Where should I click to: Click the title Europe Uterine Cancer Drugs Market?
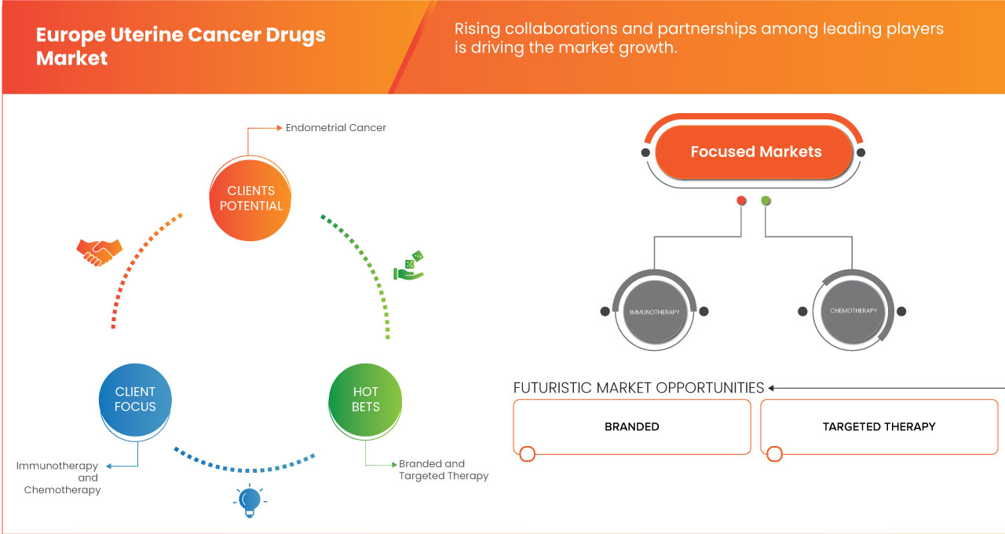point(181,46)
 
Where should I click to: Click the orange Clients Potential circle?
point(251,198)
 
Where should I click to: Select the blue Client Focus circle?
point(135,399)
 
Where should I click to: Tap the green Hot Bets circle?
point(365,399)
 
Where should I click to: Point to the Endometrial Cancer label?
point(335,127)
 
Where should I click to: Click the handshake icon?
point(99,251)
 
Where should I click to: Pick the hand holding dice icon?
point(408,266)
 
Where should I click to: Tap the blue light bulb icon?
point(249,500)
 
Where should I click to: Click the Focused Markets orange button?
point(755,152)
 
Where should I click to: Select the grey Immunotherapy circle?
point(653,312)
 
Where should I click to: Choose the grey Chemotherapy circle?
point(853,311)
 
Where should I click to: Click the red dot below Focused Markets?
point(741,201)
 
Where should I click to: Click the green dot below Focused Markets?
point(766,201)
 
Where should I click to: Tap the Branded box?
point(631,426)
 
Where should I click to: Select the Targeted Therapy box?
point(879,426)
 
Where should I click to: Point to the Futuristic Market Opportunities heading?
point(638,388)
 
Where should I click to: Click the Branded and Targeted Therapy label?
point(443,470)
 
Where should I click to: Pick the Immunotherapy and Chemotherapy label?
point(59,477)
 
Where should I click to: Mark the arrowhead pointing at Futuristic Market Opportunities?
point(772,388)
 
